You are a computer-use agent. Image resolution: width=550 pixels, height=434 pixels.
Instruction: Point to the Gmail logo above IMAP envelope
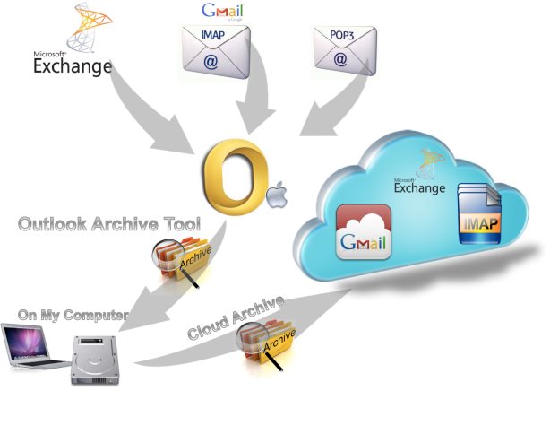click(222, 12)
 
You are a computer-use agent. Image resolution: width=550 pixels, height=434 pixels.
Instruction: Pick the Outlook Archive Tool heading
click(108, 224)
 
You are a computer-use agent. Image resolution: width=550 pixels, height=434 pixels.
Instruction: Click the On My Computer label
click(73, 316)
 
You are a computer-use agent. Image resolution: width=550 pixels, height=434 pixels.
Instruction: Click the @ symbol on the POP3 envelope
click(340, 62)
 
